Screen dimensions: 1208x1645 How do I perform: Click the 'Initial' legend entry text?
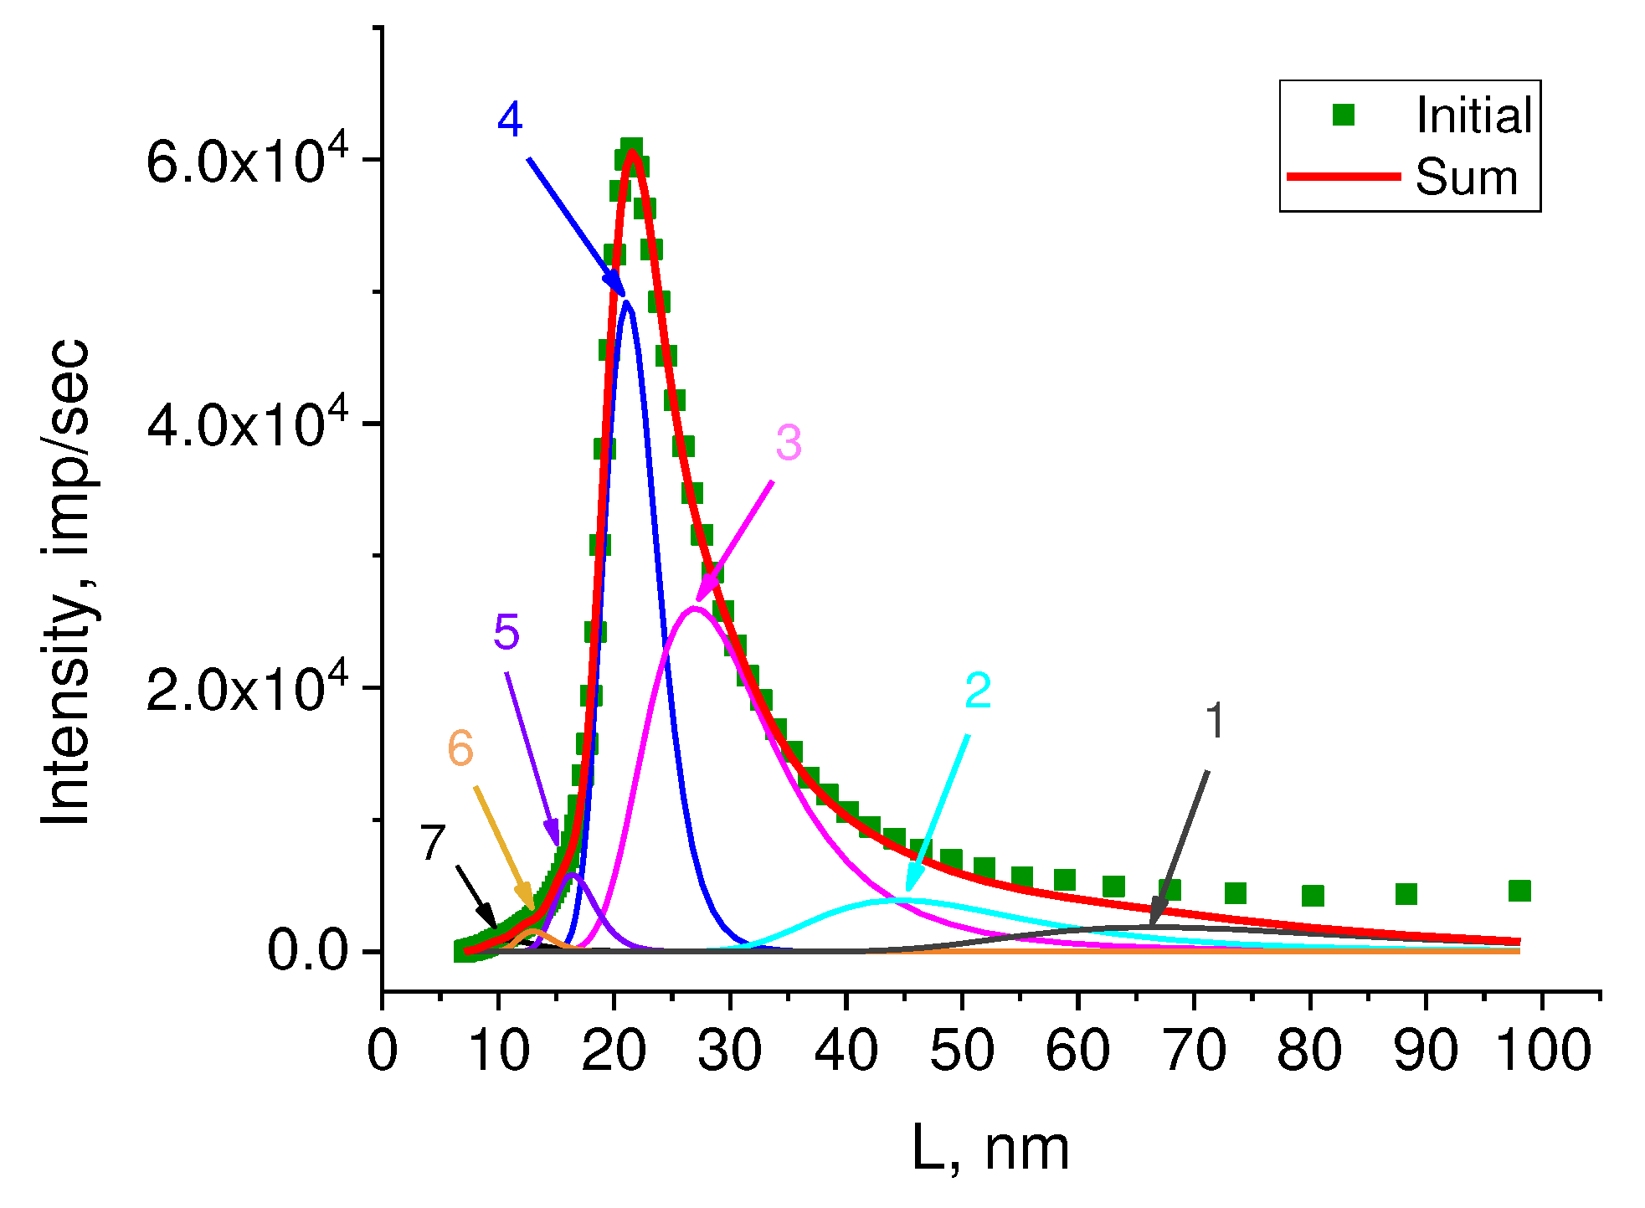point(1473,116)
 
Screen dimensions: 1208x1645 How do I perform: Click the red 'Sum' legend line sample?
point(1343,177)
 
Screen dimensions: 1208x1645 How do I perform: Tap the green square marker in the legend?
point(1343,116)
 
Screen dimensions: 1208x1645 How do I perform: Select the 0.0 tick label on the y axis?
point(307,951)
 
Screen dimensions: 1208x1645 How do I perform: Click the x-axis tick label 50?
point(962,1051)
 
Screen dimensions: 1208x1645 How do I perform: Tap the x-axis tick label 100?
point(1543,1051)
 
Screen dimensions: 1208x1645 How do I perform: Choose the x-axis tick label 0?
point(383,1051)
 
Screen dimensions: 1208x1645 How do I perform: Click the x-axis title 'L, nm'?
point(990,1149)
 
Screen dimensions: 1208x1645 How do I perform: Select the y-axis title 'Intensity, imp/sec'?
point(67,582)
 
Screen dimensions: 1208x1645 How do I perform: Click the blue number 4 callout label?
point(510,119)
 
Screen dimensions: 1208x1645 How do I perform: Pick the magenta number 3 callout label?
point(788,442)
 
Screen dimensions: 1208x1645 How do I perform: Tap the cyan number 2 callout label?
point(978,691)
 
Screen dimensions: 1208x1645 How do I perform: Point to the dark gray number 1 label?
point(1215,721)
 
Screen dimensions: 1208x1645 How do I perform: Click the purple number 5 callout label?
point(506,632)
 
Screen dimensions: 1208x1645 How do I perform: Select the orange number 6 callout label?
point(460,748)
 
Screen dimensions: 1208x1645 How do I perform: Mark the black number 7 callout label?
point(432,842)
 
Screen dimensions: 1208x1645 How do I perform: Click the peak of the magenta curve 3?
point(695,608)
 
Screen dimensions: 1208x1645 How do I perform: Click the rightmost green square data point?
point(1519,891)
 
